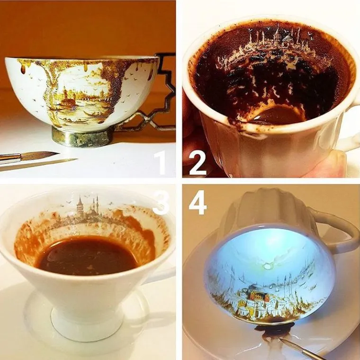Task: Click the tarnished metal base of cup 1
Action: coord(82,136)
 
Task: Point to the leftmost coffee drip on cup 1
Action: coord(23,69)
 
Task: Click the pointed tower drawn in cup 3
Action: coord(80,206)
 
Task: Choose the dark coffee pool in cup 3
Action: coord(87,255)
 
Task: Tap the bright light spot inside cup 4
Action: coord(267,266)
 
